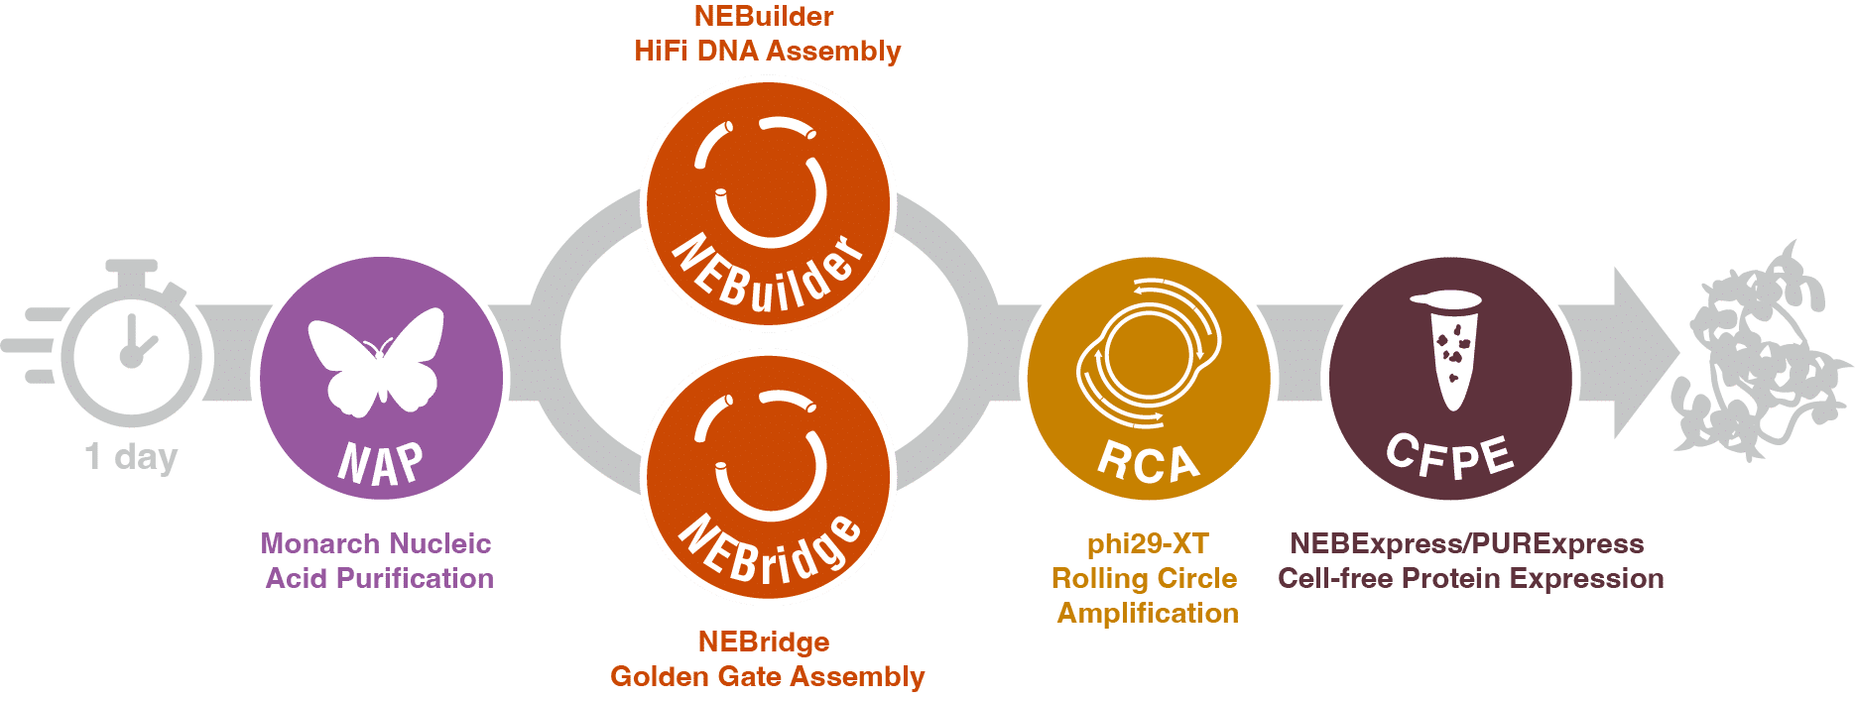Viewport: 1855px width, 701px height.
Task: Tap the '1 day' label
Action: (131, 457)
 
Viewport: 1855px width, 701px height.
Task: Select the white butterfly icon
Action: (376, 359)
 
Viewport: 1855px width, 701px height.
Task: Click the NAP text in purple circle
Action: (380, 462)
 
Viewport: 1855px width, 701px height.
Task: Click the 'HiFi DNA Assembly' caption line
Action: (767, 51)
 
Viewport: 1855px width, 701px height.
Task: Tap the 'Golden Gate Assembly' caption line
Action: (767, 676)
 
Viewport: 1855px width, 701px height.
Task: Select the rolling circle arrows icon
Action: (1148, 352)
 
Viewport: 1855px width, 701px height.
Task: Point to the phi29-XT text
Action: (1148, 543)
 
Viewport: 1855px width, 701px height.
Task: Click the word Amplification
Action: (1148, 613)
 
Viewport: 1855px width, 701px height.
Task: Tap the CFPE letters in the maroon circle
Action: (1449, 457)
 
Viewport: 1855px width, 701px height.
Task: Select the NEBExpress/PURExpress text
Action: (1467, 543)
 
